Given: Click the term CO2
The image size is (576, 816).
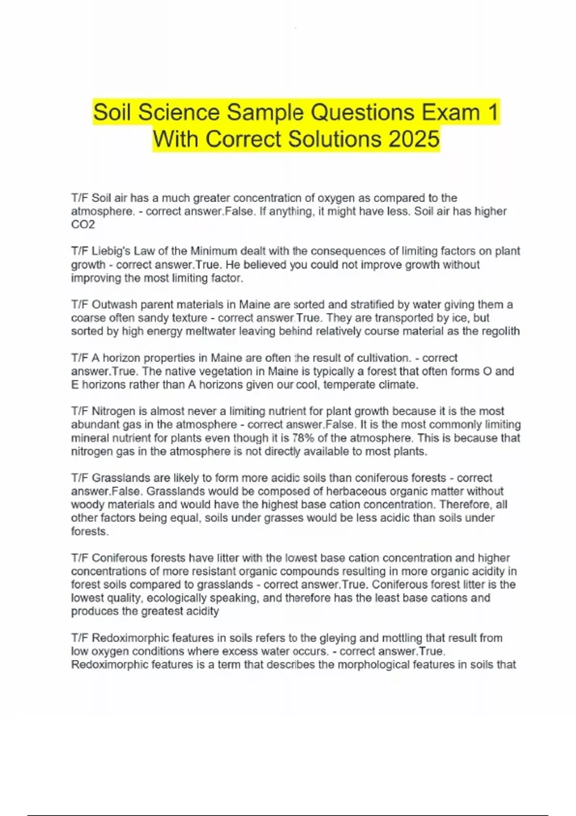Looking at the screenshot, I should click(x=83, y=225).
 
